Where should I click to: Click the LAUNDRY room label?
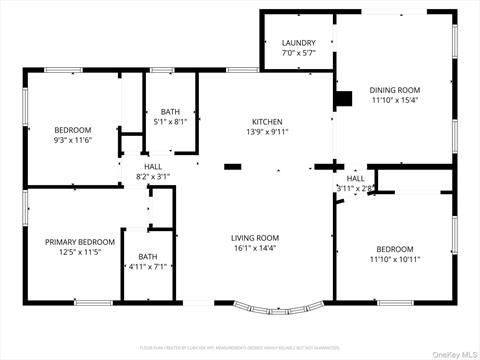point(298,43)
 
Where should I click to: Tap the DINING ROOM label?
point(395,89)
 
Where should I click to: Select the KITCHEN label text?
point(268,121)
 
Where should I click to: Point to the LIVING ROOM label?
point(254,238)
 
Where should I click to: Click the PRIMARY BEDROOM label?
point(79,242)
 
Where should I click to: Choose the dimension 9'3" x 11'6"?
point(72,141)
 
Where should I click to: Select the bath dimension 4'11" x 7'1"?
point(148,267)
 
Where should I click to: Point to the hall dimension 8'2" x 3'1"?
point(153,177)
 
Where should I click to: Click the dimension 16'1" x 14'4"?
point(254,249)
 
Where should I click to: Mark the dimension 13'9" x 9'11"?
point(268,131)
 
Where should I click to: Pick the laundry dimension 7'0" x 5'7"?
point(298,53)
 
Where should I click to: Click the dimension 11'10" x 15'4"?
point(395,100)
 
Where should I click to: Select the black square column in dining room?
point(345,98)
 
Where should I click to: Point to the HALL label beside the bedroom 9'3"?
point(153,167)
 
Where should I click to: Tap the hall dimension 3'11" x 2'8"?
point(355,188)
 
